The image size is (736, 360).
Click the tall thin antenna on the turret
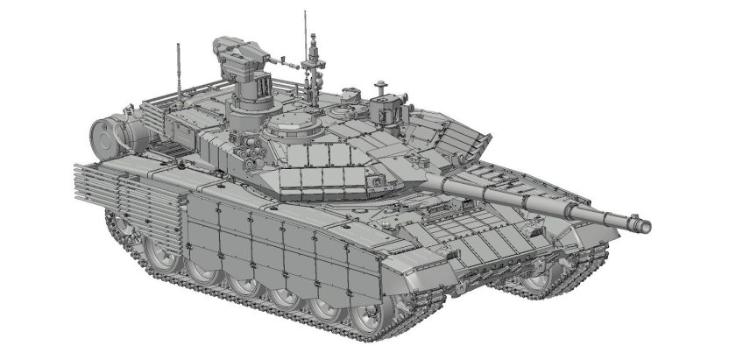click(x=305, y=35)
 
